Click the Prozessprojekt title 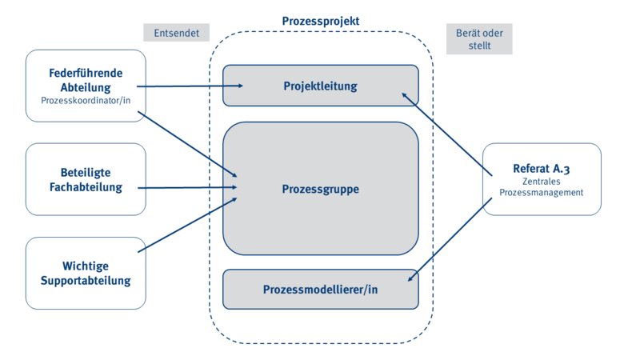[x=320, y=20]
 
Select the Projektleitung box [x=320, y=86]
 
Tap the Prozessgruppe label [x=320, y=190]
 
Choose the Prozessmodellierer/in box [x=320, y=290]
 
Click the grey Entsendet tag [x=176, y=32]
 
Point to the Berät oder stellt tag [x=478, y=38]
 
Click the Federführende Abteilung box [x=86, y=86]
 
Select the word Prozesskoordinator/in [x=86, y=101]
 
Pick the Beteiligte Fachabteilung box [x=86, y=179]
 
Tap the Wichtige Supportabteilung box [x=86, y=273]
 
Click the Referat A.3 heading [x=542, y=169]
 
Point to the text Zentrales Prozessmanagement [x=542, y=187]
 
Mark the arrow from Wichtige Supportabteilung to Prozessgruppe [x=188, y=225]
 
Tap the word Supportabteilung [x=86, y=281]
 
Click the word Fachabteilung [x=86, y=187]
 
